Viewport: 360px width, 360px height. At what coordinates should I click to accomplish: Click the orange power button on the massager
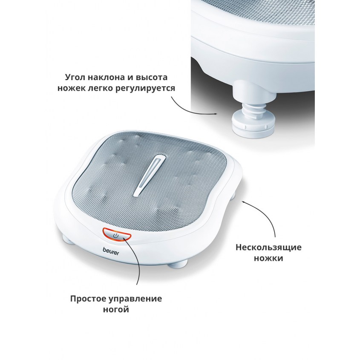(x=117, y=235)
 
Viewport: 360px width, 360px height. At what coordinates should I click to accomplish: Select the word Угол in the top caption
(x=75, y=78)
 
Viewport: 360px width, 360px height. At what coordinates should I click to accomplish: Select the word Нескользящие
(x=269, y=248)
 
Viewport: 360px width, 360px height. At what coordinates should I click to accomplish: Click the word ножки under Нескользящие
(x=268, y=258)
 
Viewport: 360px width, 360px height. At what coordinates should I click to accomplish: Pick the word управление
(x=135, y=299)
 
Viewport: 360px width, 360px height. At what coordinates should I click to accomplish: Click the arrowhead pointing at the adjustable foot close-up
(x=215, y=114)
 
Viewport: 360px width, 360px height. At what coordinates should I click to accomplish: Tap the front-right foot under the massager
(x=176, y=265)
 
